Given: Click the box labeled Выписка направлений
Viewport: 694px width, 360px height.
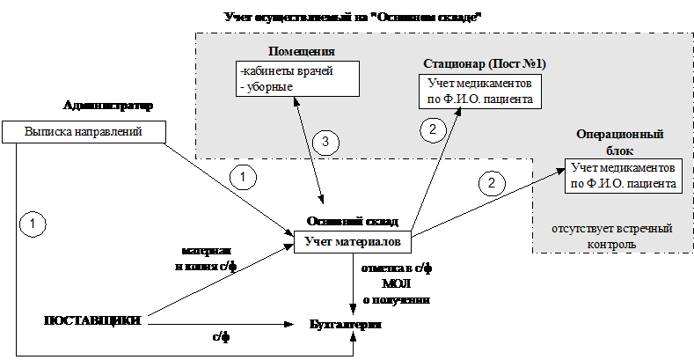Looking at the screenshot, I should [84, 132].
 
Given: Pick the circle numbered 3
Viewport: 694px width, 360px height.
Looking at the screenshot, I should [325, 142].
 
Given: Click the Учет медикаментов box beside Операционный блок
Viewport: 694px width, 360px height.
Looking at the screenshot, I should [623, 175].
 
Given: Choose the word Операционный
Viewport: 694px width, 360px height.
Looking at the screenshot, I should [619, 135].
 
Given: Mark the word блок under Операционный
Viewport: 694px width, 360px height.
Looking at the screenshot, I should [619, 150].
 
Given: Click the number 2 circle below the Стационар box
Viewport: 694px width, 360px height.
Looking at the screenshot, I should [432, 129].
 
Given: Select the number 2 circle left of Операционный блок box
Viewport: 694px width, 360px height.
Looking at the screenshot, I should [492, 183].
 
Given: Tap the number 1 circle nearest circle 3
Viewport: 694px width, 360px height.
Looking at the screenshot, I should [243, 177].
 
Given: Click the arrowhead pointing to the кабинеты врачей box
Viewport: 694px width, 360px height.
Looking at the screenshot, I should [296, 99].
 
